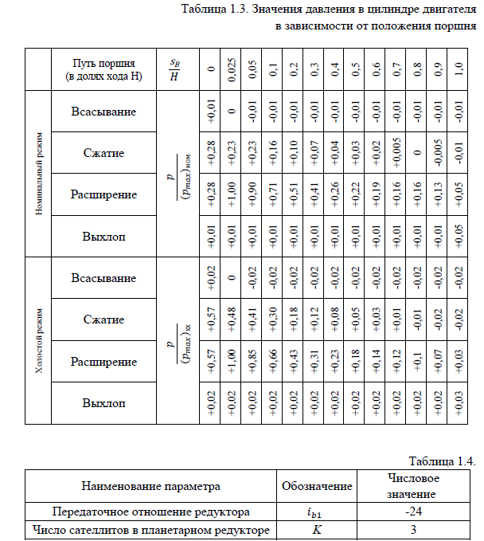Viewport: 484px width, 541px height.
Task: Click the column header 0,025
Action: (230, 69)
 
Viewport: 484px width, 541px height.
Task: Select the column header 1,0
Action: (456, 69)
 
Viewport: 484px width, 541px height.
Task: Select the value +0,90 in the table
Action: (249, 194)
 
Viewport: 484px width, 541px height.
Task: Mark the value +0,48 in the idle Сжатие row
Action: (230, 320)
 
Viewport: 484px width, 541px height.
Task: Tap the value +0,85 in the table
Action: (249, 362)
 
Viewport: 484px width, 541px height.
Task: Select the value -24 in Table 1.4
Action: (413, 511)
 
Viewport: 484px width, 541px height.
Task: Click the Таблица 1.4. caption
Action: (442, 461)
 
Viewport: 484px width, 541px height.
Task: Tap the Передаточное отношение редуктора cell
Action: (150, 511)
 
